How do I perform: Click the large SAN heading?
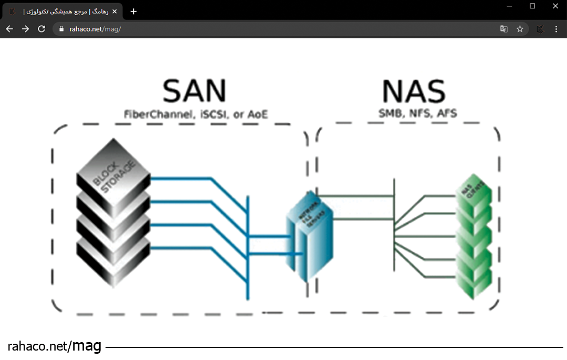194,91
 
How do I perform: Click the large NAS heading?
413,91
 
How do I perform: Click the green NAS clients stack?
474,236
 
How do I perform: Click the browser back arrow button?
9,29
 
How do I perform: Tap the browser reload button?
41,29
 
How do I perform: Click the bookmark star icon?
520,29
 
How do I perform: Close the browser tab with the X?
114,12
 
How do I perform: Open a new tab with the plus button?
133,12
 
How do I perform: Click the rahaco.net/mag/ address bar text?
95,29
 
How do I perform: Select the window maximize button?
532,6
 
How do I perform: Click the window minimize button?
509,6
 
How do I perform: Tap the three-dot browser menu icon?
556,29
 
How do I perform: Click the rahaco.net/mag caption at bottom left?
55,346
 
